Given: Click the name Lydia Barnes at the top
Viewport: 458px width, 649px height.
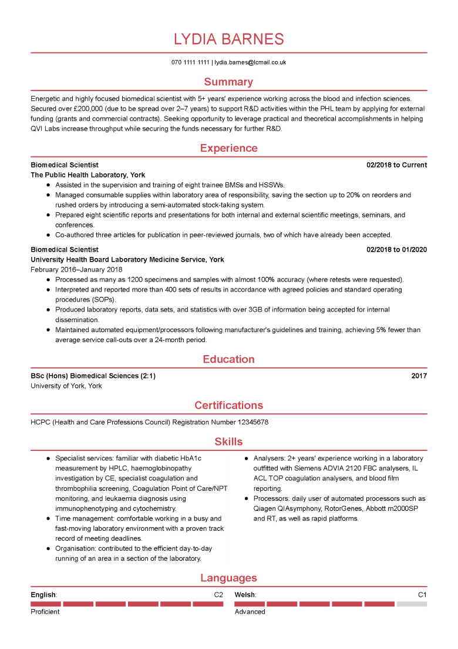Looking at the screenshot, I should pyautogui.click(x=228, y=39).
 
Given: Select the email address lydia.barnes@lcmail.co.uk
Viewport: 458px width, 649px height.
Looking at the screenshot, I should pyautogui.click(x=250, y=62).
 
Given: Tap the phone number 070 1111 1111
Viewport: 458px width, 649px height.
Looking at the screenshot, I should pyautogui.click(x=190, y=62).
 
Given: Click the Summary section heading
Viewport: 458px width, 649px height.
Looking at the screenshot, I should pyautogui.click(x=228, y=82).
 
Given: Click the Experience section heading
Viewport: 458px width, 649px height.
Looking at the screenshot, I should pyautogui.click(x=228, y=148).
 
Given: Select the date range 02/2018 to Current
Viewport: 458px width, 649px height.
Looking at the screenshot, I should pyautogui.click(x=396, y=165).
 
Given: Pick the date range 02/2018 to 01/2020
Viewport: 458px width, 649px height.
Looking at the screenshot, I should pyautogui.click(x=396, y=250).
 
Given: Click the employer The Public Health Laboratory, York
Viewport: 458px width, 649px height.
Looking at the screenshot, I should pyautogui.click(x=87, y=175).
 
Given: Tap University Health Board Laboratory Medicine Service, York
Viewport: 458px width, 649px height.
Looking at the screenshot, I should pyautogui.click(x=127, y=260).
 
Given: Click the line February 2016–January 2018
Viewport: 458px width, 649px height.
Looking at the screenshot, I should pyautogui.click(x=76, y=270).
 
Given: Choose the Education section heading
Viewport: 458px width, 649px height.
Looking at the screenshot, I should pyautogui.click(x=228, y=359).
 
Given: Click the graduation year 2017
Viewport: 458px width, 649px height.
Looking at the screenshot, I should pyautogui.click(x=419, y=376).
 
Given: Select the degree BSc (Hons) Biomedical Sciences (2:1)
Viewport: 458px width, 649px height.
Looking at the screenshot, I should pyautogui.click(x=93, y=376).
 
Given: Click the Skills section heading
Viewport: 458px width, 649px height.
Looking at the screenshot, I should pyautogui.click(x=228, y=441).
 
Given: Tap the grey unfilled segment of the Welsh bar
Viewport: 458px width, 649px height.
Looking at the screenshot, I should pyautogui.click(x=412, y=604).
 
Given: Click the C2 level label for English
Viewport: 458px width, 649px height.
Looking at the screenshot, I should pyautogui.click(x=218, y=595).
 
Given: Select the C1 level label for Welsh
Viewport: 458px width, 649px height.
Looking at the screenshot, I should pyautogui.click(x=422, y=595).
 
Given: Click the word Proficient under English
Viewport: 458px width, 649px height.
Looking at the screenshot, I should pyautogui.click(x=45, y=612).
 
